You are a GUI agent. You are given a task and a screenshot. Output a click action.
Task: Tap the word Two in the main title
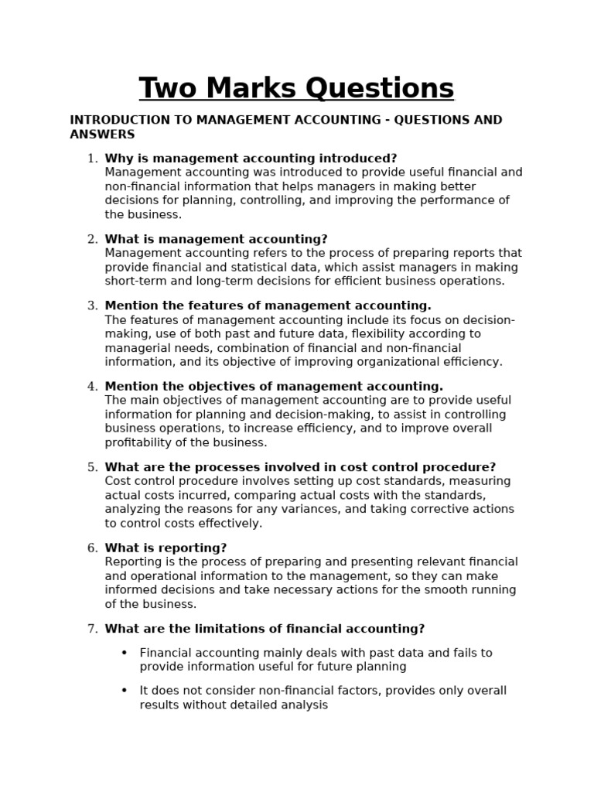(x=168, y=88)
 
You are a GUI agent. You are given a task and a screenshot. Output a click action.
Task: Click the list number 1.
(x=92, y=159)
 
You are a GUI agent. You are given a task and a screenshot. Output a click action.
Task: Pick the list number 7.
(x=92, y=629)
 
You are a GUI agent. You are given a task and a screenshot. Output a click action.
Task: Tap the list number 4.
(x=92, y=386)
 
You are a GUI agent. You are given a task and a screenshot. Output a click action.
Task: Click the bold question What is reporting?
(x=166, y=548)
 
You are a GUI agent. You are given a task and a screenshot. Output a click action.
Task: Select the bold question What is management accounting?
(x=216, y=239)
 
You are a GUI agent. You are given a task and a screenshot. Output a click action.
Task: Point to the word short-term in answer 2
(x=133, y=281)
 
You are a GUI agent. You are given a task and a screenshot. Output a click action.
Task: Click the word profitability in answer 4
(x=138, y=442)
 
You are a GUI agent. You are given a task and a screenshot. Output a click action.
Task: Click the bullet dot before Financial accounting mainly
(x=124, y=653)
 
